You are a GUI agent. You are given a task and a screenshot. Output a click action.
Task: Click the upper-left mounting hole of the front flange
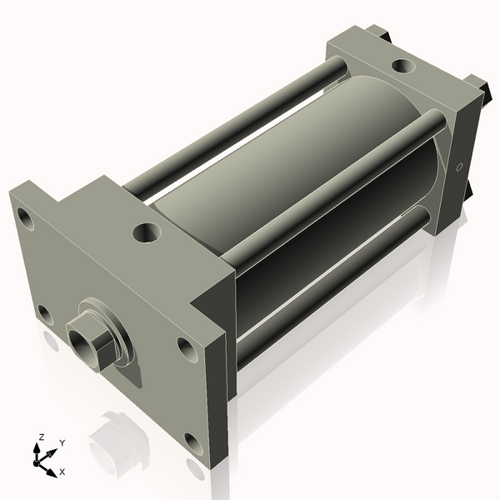point(26,221)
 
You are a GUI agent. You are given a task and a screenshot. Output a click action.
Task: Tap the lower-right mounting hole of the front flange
point(193,443)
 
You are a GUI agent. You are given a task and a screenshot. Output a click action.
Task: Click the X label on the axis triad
point(62,472)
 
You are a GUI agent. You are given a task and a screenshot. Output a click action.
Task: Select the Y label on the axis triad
point(62,442)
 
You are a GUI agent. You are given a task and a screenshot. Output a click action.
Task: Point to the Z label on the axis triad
point(39,437)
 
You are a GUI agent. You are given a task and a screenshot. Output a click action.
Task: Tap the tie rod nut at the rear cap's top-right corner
point(477,85)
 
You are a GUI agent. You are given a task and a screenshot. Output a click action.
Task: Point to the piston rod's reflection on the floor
point(112,442)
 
